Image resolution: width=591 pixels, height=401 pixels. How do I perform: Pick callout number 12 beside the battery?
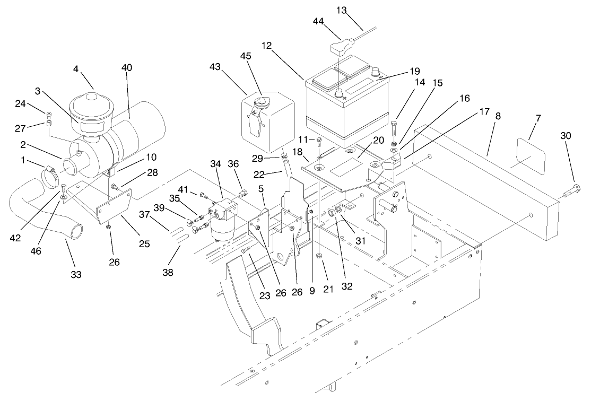click(266, 46)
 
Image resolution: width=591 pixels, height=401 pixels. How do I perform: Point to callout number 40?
click(127, 67)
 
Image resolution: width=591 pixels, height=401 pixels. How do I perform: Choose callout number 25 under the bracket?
click(144, 245)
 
